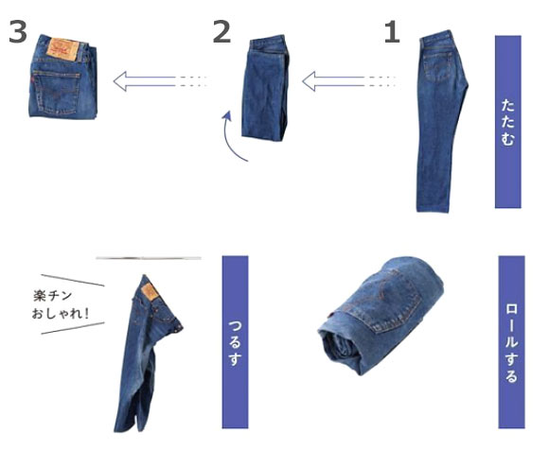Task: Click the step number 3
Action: [x=18, y=31]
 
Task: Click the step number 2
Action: [x=221, y=31]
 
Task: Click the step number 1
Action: [x=393, y=32]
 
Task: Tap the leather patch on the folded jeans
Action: [x=63, y=50]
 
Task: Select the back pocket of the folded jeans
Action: [x=56, y=93]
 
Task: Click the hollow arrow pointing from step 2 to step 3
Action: [x=161, y=81]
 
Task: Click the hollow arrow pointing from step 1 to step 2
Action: [x=349, y=81]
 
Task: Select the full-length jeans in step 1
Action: [x=441, y=121]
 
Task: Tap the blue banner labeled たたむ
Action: [x=507, y=122]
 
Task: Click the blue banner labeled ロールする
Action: [x=511, y=341]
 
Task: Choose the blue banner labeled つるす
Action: [x=235, y=341]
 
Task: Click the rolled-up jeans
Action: [x=381, y=315]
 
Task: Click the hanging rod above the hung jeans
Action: [x=149, y=258]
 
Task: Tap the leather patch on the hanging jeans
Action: [x=150, y=292]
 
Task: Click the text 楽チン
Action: [x=52, y=296]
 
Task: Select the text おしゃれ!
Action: [x=60, y=313]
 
